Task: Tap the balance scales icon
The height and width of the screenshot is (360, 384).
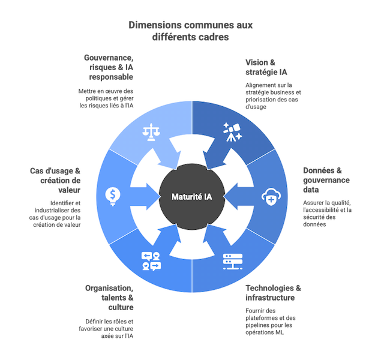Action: click(x=150, y=131)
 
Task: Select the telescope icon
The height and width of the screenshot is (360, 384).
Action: click(x=232, y=131)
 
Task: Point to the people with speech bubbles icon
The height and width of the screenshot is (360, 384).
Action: click(x=151, y=261)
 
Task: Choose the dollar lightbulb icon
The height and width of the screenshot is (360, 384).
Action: click(x=112, y=195)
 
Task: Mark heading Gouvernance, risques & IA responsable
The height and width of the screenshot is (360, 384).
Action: click(x=110, y=67)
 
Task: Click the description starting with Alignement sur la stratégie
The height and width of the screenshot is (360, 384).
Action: click(x=273, y=96)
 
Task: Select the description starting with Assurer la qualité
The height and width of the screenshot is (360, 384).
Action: click(x=327, y=213)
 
